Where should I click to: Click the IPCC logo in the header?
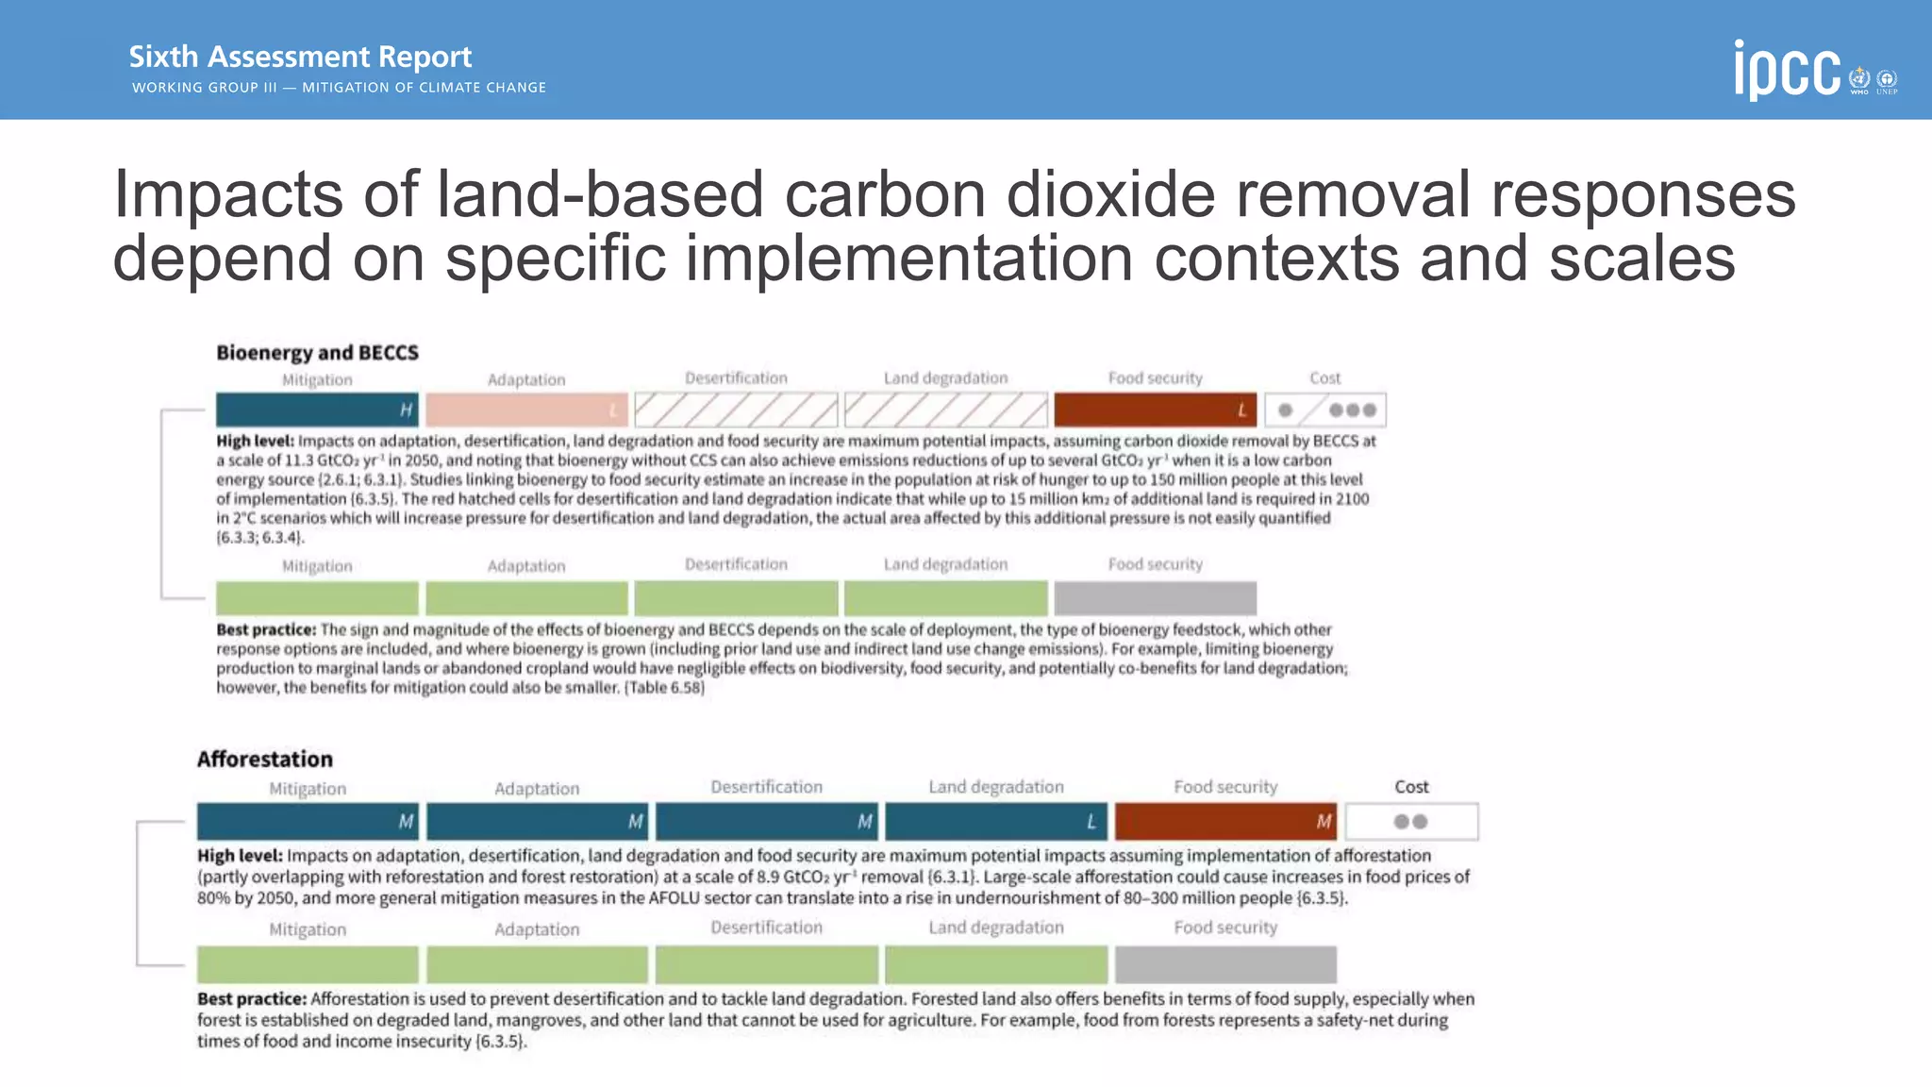click(1787, 70)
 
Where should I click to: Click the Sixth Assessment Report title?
click(300, 57)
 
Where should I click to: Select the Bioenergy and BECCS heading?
click(317, 353)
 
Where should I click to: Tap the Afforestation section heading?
click(264, 760)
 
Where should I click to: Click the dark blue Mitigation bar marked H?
click(317, 410)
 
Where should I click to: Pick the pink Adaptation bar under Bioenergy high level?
click(526, 410)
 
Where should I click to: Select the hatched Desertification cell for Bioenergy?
click(736, 410)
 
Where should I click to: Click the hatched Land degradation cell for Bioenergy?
click(945, 410)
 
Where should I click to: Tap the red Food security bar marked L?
click(1155, 410)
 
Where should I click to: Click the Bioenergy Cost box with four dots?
click(1325, 410)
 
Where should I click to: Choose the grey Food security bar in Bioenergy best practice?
click(1155, 598)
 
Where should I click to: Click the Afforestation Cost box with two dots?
click(1411, 822)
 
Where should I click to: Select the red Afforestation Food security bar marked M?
click(1225, 822)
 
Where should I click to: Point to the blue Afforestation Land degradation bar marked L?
click(996, 822)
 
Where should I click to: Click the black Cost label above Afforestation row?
click(1411, 787)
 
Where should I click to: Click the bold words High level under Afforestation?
click(239, 856)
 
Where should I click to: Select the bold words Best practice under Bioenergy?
click(265, 629)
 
